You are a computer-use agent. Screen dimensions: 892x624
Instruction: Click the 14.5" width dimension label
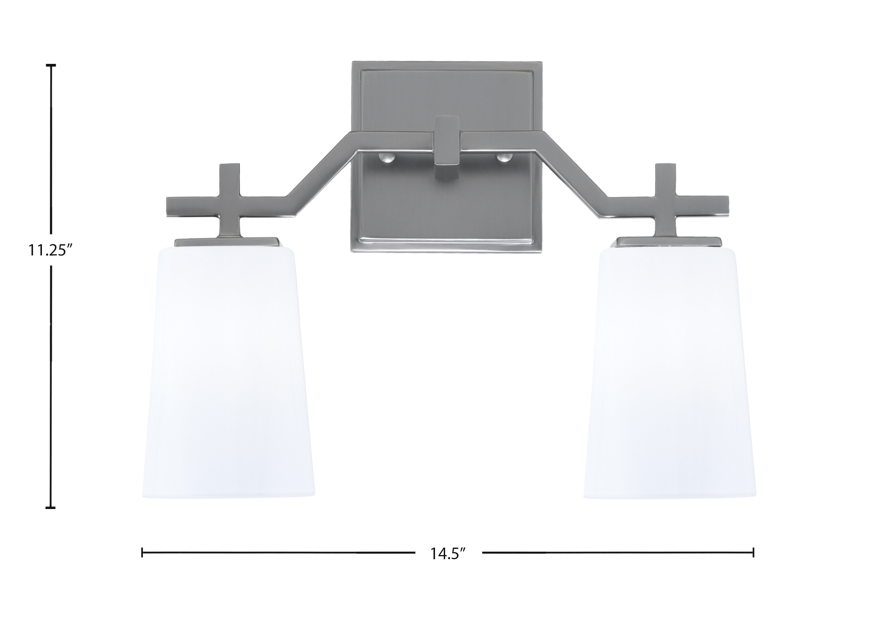coord(448,553)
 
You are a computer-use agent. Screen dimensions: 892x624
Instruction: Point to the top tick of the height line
coord(51,65)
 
